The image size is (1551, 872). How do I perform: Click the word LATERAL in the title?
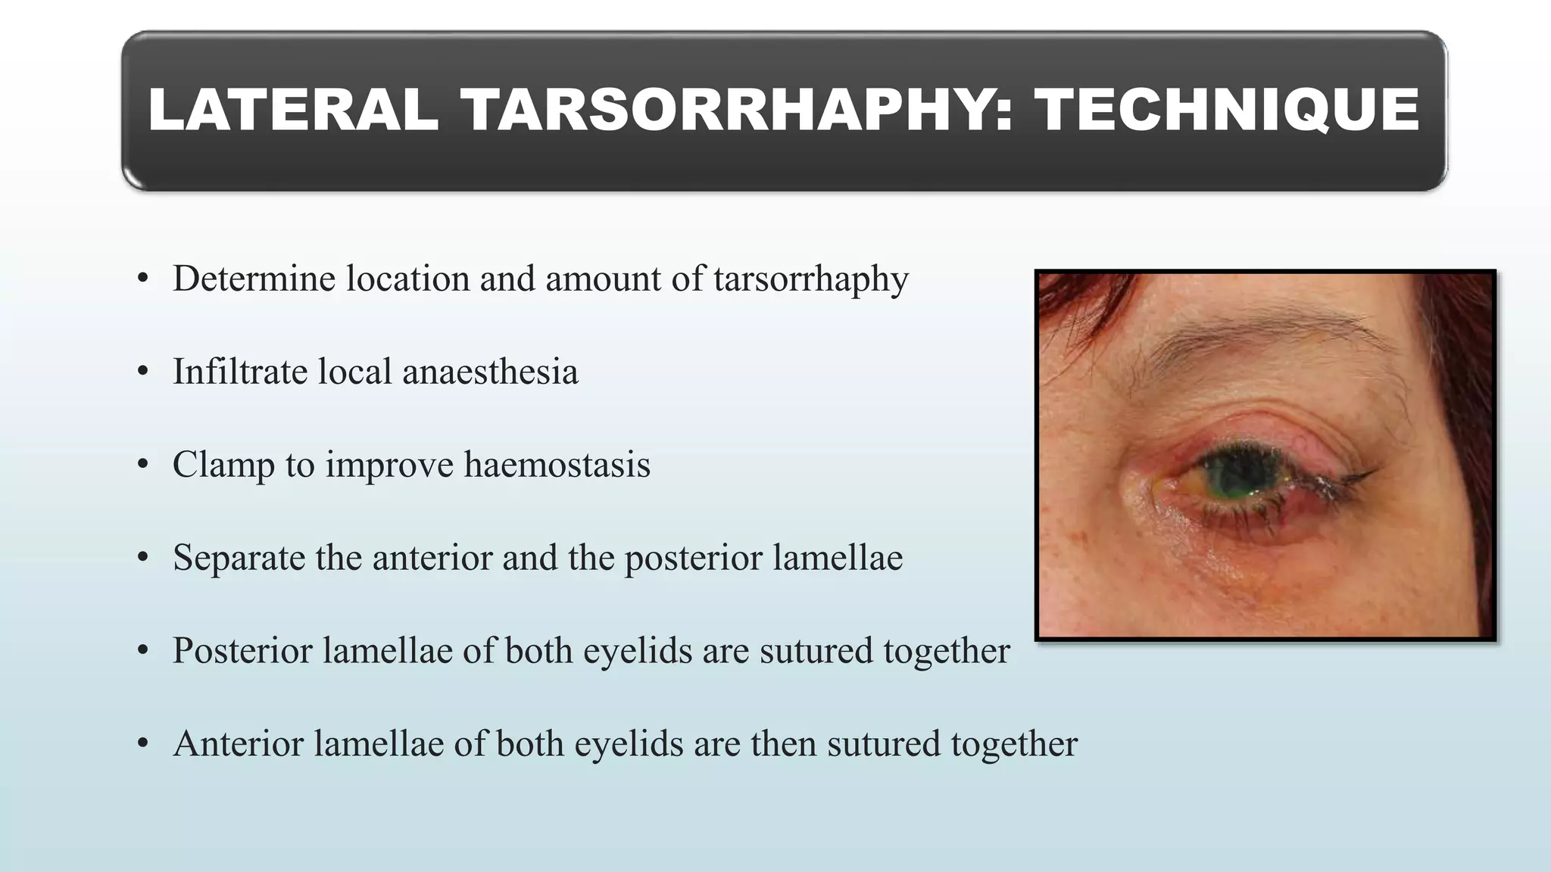point(293,111)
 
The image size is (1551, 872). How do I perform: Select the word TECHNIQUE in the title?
point(1227,111)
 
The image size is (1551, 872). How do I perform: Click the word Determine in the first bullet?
point(254,279)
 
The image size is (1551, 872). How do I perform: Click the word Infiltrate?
point(239,372)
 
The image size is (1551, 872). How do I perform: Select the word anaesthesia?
point(490,372)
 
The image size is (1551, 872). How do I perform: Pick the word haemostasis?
point(557,465)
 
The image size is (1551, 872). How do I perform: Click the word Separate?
point(239,558)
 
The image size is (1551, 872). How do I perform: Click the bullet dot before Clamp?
point(142,465)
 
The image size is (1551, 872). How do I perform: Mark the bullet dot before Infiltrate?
point(142,372)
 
